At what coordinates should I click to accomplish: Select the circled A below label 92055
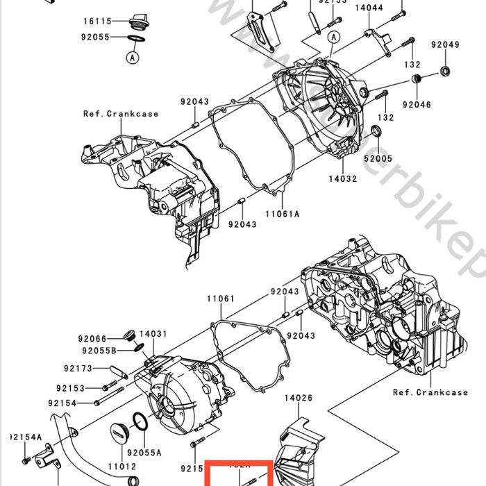click(132, 58)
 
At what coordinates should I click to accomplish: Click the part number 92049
click(444, 45)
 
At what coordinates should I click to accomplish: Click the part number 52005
click(378, 158)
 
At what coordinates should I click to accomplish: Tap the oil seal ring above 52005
click(377, 133)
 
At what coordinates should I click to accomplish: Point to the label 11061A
click(281, 215)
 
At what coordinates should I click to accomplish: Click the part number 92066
click(92, 339)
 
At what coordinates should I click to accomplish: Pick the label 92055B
click(97, 351)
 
